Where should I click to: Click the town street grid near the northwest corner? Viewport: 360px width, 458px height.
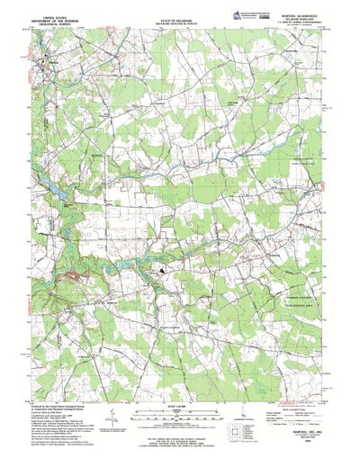pyautogui.click(x=45, y=67)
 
